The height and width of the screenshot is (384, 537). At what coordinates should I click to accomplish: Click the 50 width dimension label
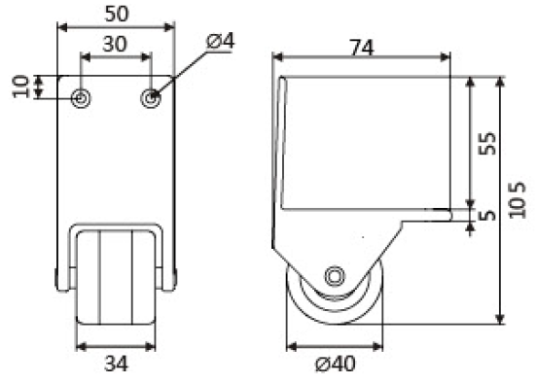pos(117,14)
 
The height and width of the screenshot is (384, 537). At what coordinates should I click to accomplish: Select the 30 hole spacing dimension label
pos(115,44)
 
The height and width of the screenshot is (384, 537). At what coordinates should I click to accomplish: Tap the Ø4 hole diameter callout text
pos(221,42)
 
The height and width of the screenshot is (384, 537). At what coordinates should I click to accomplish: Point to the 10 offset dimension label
pos(20,87)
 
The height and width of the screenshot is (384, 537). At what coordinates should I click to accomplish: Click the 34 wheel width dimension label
pos(116,364)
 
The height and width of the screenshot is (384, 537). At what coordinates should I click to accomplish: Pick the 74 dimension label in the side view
pos(362,48)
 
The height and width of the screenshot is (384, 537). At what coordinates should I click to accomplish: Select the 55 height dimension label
pos(487,143)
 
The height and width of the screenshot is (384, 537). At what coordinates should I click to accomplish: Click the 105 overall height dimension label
pos(518,200)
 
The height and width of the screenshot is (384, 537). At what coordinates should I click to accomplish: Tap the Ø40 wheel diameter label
pos(336,364)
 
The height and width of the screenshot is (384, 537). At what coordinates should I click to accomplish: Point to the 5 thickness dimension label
pos(487,215)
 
